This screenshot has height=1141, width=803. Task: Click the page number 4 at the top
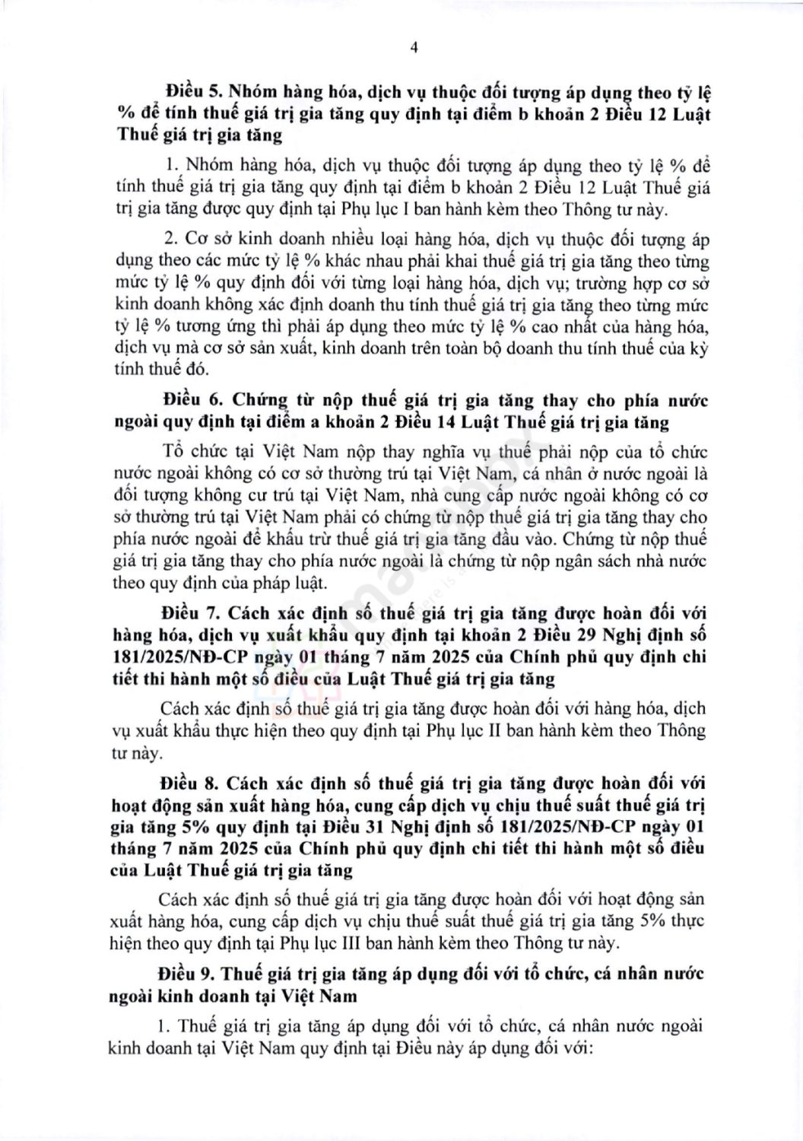click(x=414, y=46)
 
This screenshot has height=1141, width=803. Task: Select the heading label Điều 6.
click(x=189, y=401)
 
